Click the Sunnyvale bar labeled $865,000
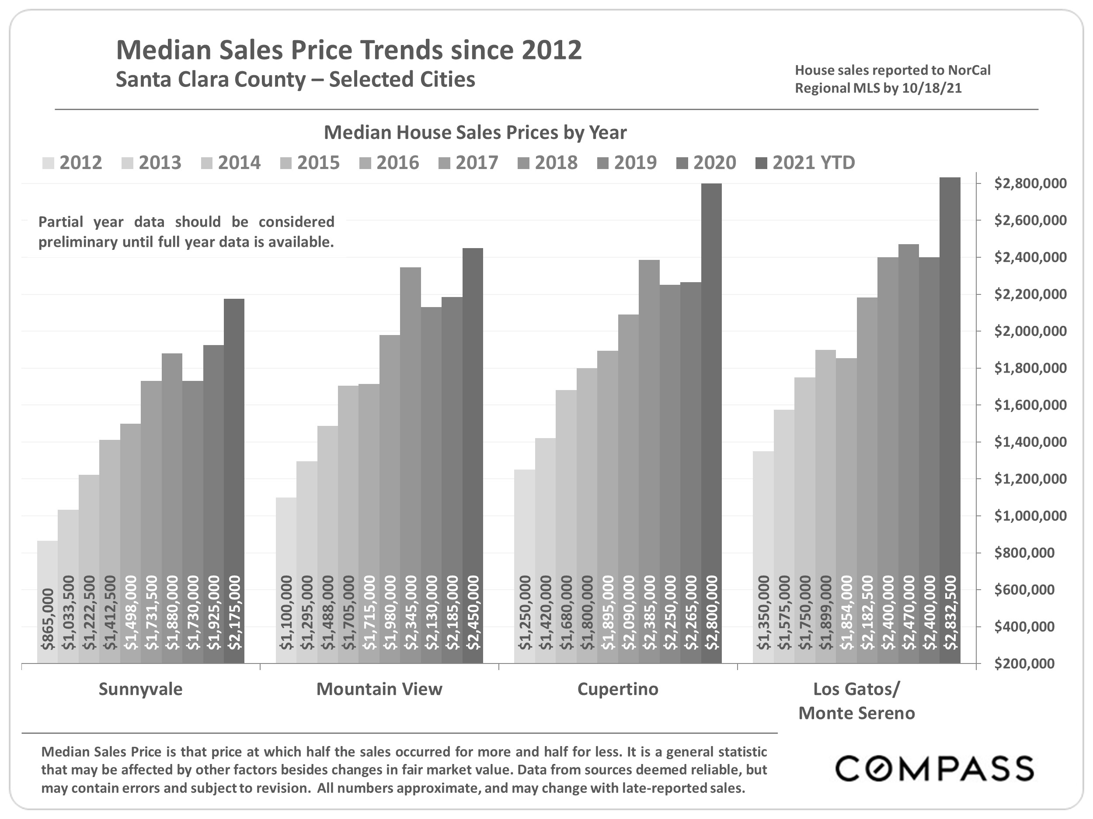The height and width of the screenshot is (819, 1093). (x=47, y=602)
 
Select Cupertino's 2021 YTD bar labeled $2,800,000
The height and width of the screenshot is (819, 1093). (x=711, y=425)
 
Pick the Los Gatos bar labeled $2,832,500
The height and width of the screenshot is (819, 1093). (x=950, y=420)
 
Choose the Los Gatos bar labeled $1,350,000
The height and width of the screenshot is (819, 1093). (x=763, y=558)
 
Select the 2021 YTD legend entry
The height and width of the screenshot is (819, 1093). (x=806, y=163)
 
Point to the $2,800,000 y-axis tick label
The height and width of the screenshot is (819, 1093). (x=1030, y=183)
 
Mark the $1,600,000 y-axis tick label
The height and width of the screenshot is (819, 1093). (x=1030, y=405)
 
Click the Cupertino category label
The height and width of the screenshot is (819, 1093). (x=618, y=689)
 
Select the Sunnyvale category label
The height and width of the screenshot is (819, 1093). (x=140, y=689)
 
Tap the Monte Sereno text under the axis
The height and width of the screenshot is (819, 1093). (x=856, y=713)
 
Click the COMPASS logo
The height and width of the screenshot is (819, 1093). (x=934, y=769)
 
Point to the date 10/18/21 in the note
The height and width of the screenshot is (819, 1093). (x=931, y=88)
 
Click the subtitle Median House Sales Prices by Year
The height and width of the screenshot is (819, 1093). (x=475, y=132)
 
